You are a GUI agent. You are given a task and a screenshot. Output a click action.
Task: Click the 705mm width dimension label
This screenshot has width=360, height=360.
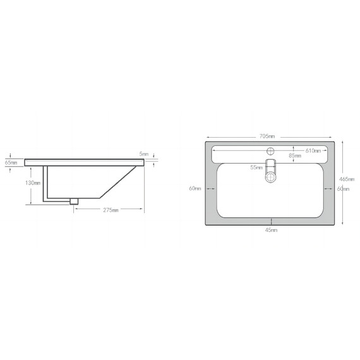click(x=267, y=136)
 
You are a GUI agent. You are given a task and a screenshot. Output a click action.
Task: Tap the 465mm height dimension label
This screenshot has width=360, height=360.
click(x=347, y=179)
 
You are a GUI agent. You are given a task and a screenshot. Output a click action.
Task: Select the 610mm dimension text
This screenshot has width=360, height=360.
click(x=313, y=151)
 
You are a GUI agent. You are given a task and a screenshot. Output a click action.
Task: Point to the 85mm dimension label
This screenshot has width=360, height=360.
click(x=295, y=155)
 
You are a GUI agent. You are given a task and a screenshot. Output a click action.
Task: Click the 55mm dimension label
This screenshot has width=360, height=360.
click(x=256, y=167)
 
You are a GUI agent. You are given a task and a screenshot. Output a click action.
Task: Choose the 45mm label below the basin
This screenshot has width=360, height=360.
click(x=271, y=230)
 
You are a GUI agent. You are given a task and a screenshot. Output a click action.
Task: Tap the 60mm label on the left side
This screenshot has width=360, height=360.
click(x=195, y=188)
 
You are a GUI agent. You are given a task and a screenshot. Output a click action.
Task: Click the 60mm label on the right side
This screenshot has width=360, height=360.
click(x=343, y=189)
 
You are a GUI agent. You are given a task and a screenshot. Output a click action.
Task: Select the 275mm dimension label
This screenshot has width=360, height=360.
click(x=111, y=210)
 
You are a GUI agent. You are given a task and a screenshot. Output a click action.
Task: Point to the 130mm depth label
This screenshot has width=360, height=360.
click(x=33, y=183)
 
